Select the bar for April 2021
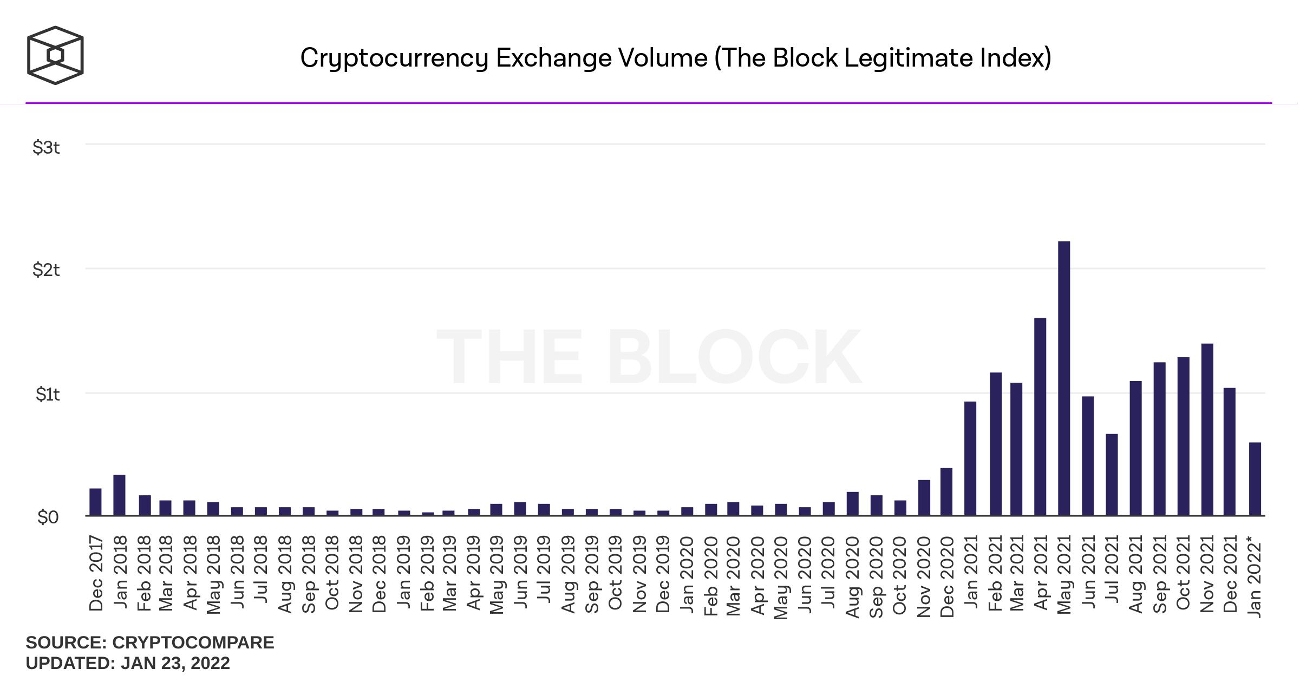1040,416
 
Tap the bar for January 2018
119,495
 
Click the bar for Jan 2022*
1255,478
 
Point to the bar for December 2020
946,491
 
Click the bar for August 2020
852,503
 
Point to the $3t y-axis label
46,147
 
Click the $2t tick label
46,270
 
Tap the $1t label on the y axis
47,394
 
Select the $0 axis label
48,517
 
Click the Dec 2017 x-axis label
96,573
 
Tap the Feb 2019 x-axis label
427,573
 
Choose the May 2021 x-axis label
1064,574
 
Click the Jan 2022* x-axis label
1255,576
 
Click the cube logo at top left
55,55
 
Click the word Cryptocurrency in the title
394,58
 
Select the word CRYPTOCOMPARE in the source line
193,642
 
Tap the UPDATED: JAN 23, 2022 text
128,663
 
